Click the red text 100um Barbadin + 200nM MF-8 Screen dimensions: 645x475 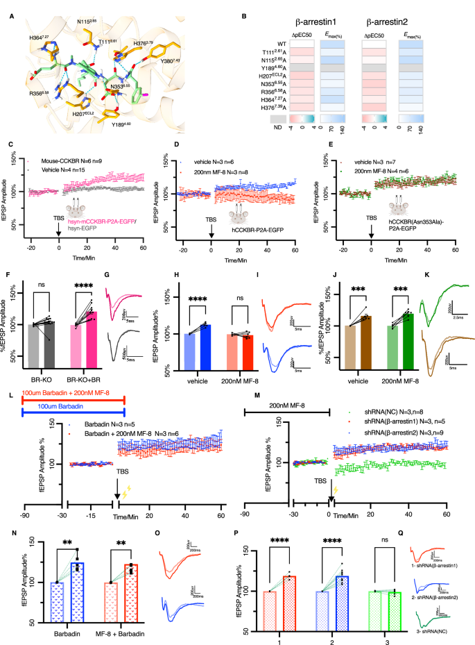(64, 390)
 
